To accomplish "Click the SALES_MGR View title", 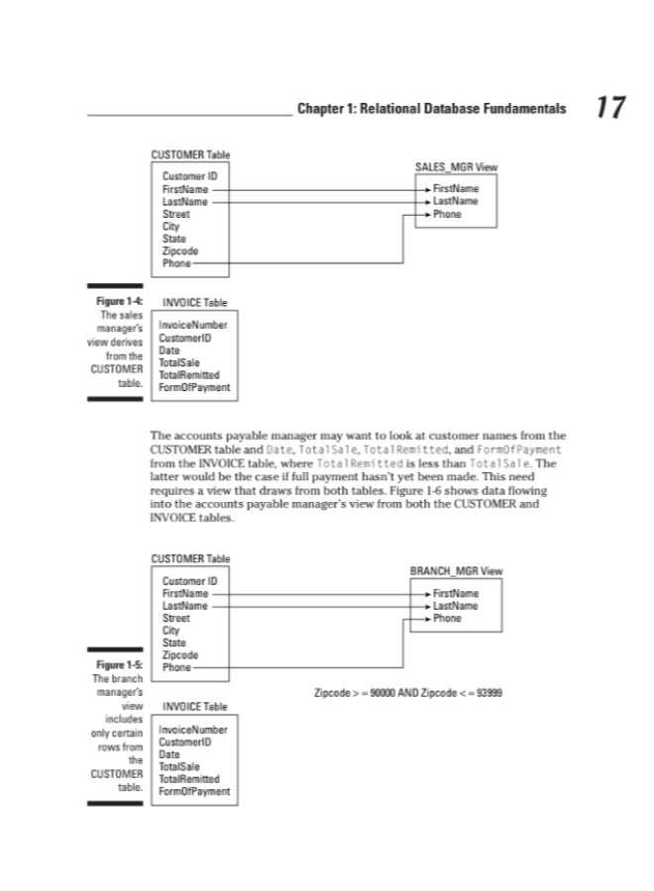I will pyautogui.click(x=456, y=167).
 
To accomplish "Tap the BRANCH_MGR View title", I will pyautogui.click(x=456, y=571).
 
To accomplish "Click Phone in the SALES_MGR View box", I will pyautogui.click(x=447, y=214).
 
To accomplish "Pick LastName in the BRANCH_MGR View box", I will pyautogui.click(x=455, y=605).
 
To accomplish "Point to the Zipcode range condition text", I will pyautogui.click(x=408, y=692).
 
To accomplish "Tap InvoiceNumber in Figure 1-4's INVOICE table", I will pyautogui.click(x=192, y=325).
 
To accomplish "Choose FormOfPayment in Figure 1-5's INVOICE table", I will pyautogui.click(x=194, y=791).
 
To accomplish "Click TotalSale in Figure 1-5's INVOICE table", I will pyautogui.click(x=181, y=766).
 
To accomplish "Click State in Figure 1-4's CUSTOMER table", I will pyautogui.click(x=174, y=239).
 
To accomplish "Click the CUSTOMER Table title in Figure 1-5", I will pyautogui.click(x=190, y=559).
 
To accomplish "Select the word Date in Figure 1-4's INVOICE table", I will pyautogui.click(x=170, y=349).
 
